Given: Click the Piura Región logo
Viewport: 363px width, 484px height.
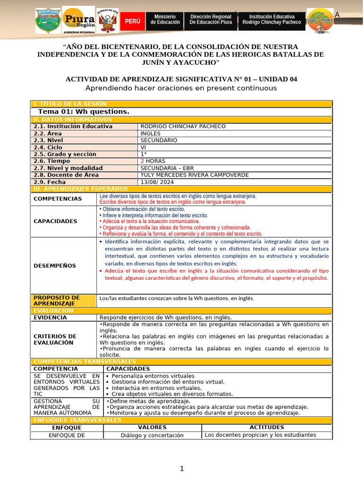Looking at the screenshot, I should tap(78, 20).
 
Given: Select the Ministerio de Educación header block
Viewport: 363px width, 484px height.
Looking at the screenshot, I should tap(165, 19).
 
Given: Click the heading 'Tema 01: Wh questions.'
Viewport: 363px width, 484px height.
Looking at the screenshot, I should tap(84, 112).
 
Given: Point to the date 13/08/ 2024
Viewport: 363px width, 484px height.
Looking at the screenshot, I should tap(157, 182).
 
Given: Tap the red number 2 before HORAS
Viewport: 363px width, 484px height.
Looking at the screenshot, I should tap(143, 161).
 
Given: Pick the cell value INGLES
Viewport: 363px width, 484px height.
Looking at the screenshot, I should tap(150, 133).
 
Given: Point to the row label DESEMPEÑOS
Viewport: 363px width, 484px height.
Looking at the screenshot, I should tap(55, 266).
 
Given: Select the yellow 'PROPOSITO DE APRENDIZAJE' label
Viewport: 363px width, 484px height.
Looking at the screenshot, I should tap(56, 300).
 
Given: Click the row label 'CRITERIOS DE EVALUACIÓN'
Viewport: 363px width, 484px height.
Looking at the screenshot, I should tap(54, 339).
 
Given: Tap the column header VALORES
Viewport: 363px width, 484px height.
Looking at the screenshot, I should tap(152, 427).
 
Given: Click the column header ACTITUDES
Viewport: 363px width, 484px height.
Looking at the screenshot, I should tap(267, 427).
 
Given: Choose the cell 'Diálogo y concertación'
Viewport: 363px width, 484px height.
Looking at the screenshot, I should tap(152, 435).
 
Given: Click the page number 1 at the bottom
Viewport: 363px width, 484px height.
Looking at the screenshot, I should tap(181, 468).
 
